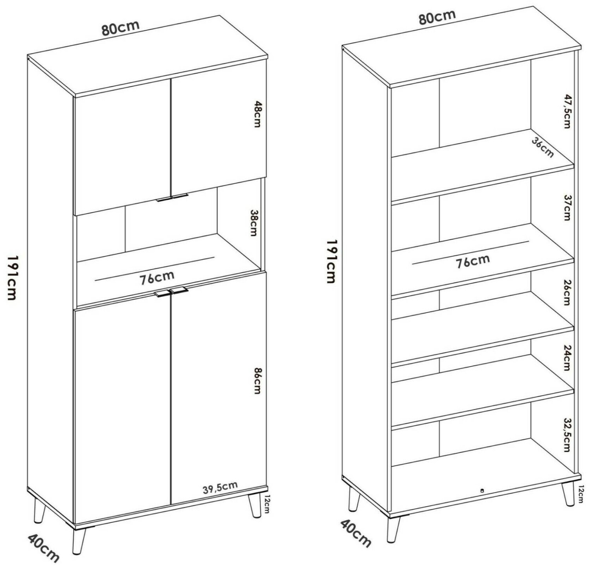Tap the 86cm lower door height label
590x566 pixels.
pyautogui.click(x=257, y=380)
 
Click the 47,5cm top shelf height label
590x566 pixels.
pyautogui.click(x=567, y=111)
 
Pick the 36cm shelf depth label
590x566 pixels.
pyautogui.click(x=543, y=147)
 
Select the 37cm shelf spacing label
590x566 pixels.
pyautogui.click(x=567, y=208)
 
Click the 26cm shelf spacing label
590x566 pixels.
pyautogui.click(x=566, y=293)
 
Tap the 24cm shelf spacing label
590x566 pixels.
pyautogui.click(x=566, y=358)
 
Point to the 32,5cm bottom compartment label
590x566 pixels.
pyautogui.click(x=566, y=435)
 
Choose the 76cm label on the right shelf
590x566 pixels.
pyautogui.click(x=473, y=261)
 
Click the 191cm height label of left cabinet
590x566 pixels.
pyautogui.click(x=12, y=278)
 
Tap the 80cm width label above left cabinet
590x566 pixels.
pyautogui.click(x=120, y=28)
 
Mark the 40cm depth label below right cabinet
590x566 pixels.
pyautogui.click(x=356, y=534)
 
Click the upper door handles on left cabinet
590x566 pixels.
pyautogui.click(x=172, y=198)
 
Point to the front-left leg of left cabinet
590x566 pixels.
pyautogui.click(x=79, y=541)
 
